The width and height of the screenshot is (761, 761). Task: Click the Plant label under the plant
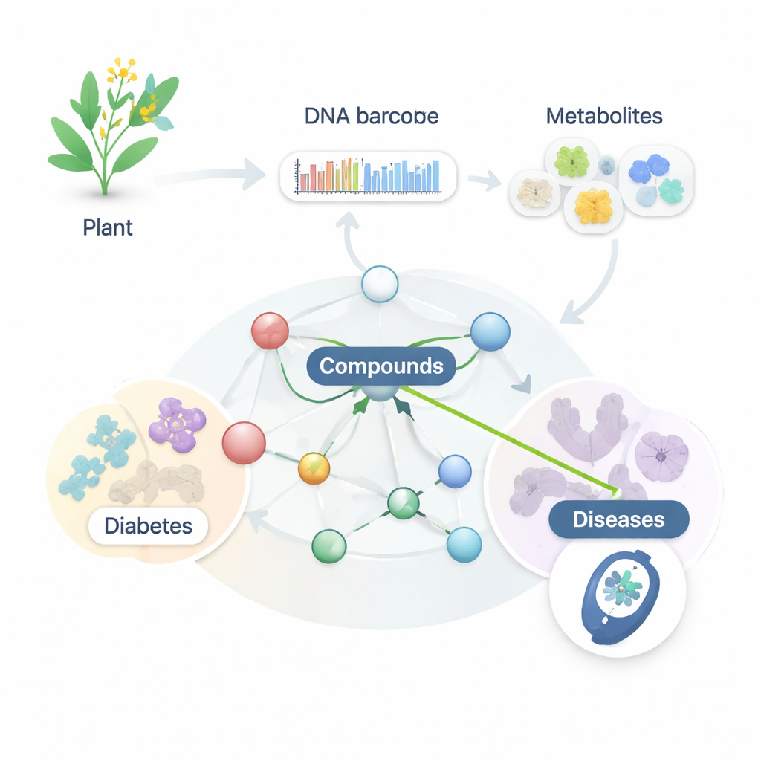108,227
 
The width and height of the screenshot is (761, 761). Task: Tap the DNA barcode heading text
371,117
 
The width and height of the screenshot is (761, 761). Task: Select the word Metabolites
603,116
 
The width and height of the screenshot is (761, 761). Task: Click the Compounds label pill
381,366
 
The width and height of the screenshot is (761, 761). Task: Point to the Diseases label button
618,519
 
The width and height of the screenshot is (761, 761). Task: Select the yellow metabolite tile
592,206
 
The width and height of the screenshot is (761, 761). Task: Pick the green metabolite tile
571,161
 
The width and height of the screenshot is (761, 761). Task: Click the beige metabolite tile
534,192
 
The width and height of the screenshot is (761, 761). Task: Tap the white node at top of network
379,284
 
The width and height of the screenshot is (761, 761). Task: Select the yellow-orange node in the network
313,469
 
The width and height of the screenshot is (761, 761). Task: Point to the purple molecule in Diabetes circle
177,424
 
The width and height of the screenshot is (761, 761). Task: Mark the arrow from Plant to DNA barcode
216,176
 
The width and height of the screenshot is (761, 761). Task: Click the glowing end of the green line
615,490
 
